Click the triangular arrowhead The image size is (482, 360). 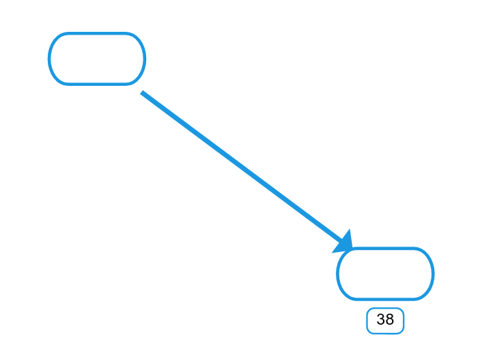click(x=343, y=242)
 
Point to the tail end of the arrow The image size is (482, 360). click(x=141, y=92)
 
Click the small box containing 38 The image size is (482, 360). click(x=385, y=321)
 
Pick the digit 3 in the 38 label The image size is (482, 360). click(x=381, y=319)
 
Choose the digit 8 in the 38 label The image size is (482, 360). click(x=389, y=319)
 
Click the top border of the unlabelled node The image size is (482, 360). click(x=97, y=33)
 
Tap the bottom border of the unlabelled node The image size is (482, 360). click(x=97, y=84)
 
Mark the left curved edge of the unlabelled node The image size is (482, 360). click(x=49, y=58)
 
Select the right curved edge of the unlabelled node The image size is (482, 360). click(x=144, y=58)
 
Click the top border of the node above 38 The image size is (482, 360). click(x=385, y=248)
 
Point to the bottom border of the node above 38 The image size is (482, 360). click(x=385, y=299)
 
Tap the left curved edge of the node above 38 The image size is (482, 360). click(x=337, y=273)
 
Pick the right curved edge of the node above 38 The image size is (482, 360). click(x=433, y=273)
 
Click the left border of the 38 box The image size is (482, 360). click(x=367, y=321)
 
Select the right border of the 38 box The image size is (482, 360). click(x=404, y=321)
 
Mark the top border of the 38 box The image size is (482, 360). click(x=385, y=308)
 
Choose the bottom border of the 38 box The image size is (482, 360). click(x=385, y=334)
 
